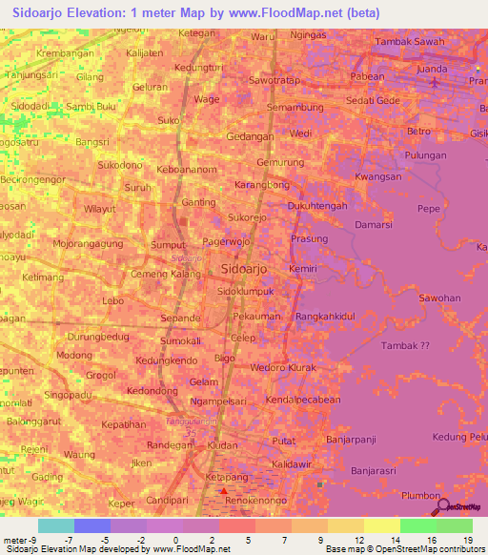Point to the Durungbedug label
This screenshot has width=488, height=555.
pos(97,337)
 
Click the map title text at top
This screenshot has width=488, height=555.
pos(195,13)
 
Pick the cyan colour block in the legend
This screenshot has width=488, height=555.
pos(56,525)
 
